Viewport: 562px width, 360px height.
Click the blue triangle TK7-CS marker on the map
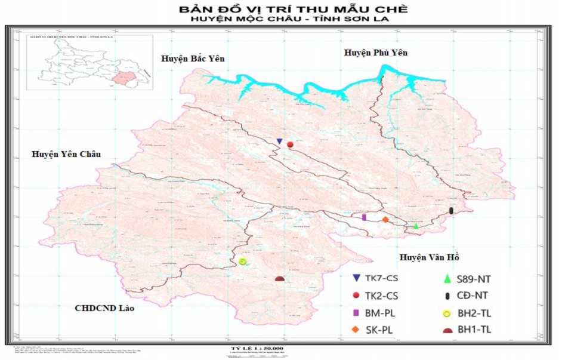pos(279,141)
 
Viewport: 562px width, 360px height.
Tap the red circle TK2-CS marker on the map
pos(290,144)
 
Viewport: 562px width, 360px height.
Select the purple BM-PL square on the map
pos(364,217)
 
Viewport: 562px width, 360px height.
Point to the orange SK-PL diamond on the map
pos(385,220)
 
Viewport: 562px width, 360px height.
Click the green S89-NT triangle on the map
pos(416,226)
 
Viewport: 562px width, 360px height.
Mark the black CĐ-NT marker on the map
pos(451,211)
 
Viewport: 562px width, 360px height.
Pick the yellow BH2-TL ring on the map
pos(242,261)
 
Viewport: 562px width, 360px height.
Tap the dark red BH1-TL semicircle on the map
pos(279,278)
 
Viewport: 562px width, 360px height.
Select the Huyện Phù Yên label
pos(375,53)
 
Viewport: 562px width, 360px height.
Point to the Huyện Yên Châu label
pos(66,155)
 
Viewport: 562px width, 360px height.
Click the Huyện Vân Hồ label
pos(429,257)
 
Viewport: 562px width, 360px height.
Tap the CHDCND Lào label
pos(105,309)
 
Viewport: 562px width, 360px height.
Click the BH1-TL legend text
pos(475,329)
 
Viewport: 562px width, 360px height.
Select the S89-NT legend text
pos(475,279)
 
